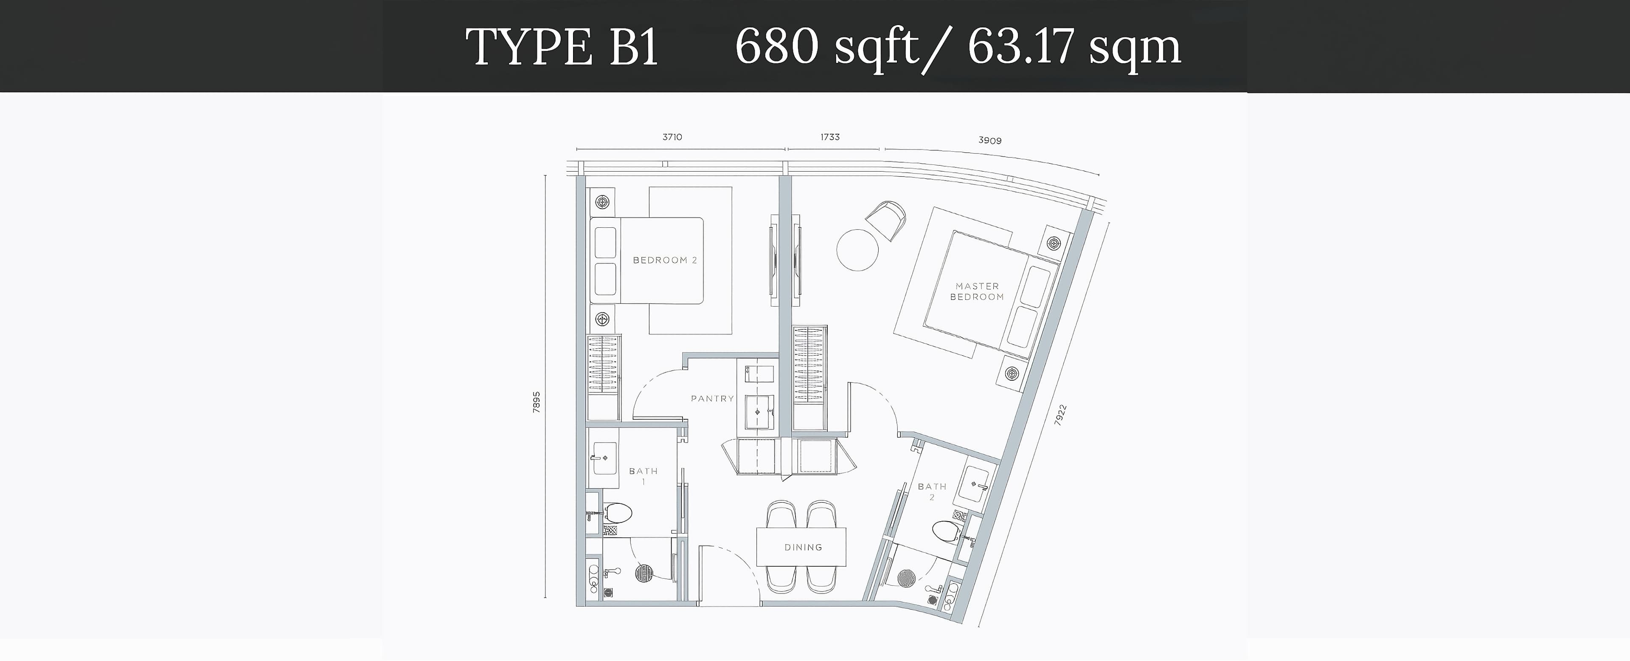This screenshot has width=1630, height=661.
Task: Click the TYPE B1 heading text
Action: click(562, 47)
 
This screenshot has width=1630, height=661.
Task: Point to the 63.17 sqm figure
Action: click(1074, 47)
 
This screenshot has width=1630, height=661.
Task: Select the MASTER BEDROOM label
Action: click(977, 292)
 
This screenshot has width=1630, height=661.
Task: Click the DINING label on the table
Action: click(803, 547)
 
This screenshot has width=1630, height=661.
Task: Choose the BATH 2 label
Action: click(932, 492)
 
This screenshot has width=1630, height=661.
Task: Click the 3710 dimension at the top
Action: click(672, 137)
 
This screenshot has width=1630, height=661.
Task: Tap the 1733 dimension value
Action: click(830, 137)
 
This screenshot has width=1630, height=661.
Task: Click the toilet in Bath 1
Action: click(174, 513)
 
